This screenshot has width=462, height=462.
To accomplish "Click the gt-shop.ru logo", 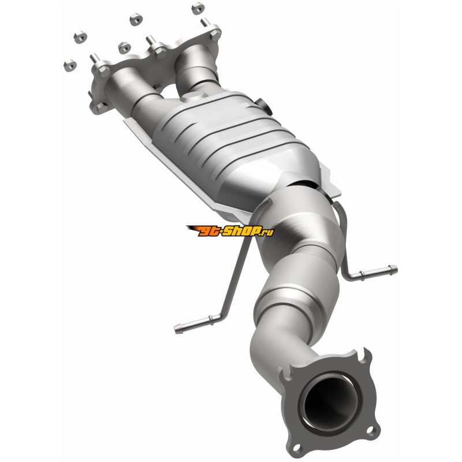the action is pyautogui.click(x=230, y=230).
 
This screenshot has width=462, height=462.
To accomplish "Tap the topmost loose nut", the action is pyautogui.click(x=198, y=8).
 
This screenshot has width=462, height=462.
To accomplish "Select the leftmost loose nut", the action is pyautogui.click(x=70, y=65).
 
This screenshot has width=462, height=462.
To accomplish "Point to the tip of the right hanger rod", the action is pyautogui.click(x=396, y=269).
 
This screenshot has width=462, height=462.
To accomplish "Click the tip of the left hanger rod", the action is pyautogui.click(x=177, y=330).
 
